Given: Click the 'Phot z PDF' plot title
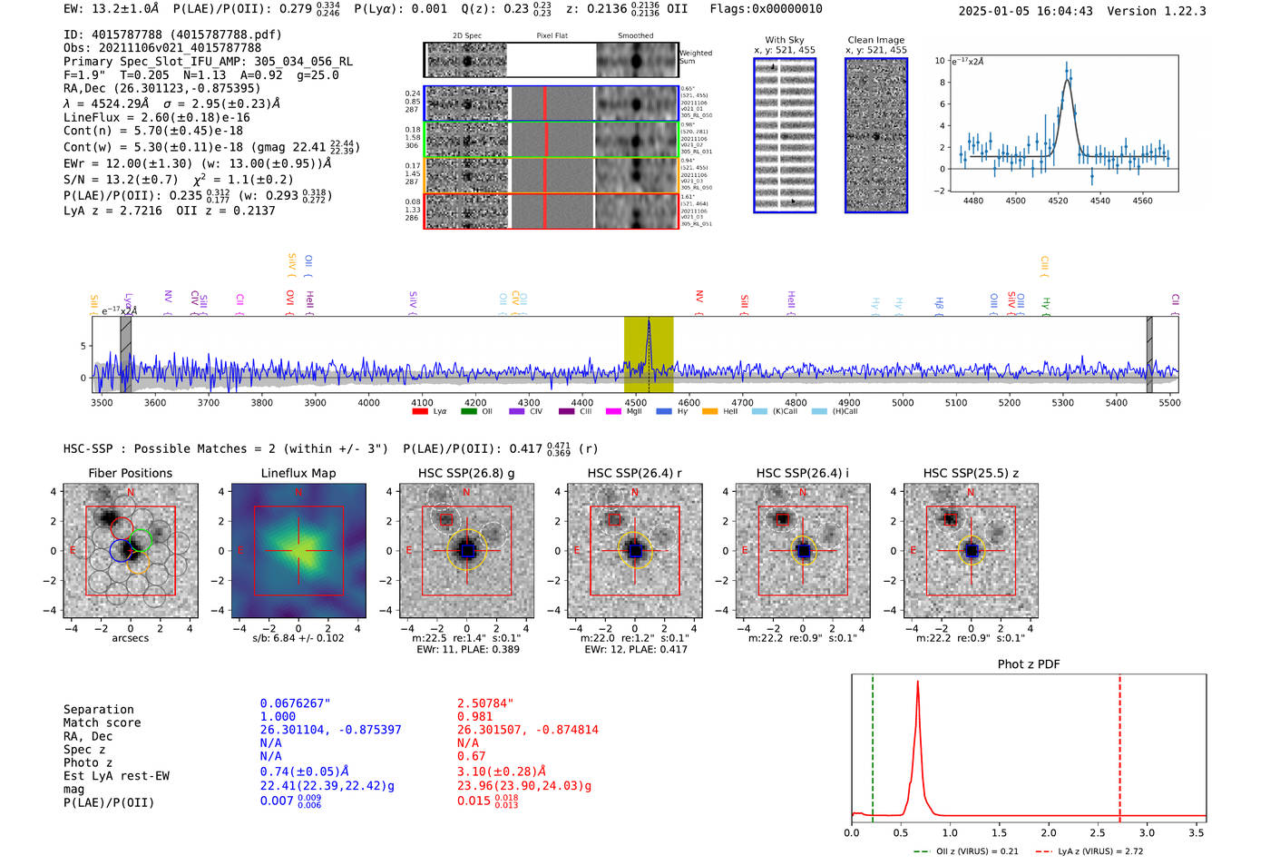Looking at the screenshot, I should pyautogui.click(x=1029, y=664).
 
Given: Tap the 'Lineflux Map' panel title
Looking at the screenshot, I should pyautogui.click(x=298, y=473).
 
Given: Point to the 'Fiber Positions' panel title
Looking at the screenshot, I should pyautogui.click(x=131, y=473).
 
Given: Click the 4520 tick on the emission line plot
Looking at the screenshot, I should pyautogui.click(x=1058, y=201).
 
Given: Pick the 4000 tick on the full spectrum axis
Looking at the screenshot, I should pyautogui.click(x=368, y=403).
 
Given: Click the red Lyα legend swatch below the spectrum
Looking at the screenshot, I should pyautogui.click(x=420, y=412).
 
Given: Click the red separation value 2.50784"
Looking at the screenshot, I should pyautogui.click(x=485, y=703).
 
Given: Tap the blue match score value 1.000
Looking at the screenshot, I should pyautogui.click(x=278, y=716).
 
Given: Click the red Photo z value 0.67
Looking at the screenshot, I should pyautogui.click(x=471, y=756).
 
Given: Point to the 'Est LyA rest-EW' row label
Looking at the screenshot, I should pyautogui.click(x=116, y=776).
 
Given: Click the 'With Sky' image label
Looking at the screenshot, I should pyautogui.click(x=785, y=40).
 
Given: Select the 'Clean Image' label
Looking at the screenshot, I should pyautogui.click(x=875, y=40).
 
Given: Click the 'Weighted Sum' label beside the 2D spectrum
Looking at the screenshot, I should pyautogui.click(x=696, y=57).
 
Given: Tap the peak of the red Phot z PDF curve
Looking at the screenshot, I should pyautogui.click(x=917, y=683).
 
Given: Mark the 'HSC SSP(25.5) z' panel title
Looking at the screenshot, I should pyautogui.click(x=971, y=473).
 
